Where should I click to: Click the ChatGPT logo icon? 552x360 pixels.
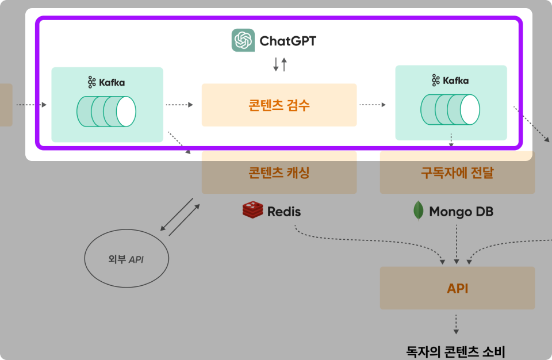click(243, 40)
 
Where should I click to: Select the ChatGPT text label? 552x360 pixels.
click(287, 41)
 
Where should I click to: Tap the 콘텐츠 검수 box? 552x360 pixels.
click(279, 105)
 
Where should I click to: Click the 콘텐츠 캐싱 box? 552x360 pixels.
click(279, 173)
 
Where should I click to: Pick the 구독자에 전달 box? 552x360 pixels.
click(457, 173)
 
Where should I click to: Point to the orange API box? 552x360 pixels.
click(457, 288)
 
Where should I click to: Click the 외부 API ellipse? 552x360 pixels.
click(126, 259)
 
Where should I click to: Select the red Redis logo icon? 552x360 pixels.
click(252, 210)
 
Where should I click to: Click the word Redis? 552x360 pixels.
click(284, 212)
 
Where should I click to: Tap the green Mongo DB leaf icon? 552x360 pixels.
click(418, 211)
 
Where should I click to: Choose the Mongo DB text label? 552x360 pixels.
click(461, 212)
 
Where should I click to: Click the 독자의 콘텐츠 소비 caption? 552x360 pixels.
click(456, 350)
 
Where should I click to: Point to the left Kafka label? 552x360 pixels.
click(106, 82)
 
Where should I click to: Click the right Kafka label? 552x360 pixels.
click(450, 81)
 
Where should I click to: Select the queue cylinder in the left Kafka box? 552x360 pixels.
click(107, 112)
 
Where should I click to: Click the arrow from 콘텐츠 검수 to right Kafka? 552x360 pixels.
click(373, 105)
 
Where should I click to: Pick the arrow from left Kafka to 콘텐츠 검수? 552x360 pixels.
click(179, 105)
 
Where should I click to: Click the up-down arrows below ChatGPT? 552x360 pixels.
click(280, 64)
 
